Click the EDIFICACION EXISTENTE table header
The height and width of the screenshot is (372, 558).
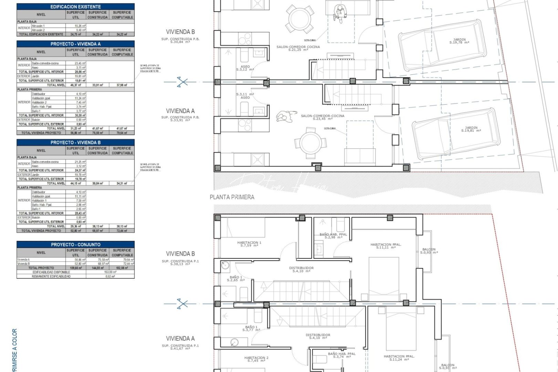click(x=75, y=7)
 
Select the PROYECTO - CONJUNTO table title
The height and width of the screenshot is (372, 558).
click(x=75, y=245)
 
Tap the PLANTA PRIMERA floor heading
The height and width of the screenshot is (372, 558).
click(x=232, y=197)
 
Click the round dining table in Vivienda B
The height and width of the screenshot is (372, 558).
click(x=299, y=18)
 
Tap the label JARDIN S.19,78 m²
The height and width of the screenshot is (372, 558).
click(x=459, y=41)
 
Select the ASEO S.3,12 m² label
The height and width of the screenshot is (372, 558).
click(x=245, y=68)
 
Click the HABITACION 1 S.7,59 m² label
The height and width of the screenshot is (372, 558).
click(x=249, y=244)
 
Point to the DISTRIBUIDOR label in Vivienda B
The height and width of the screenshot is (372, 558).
click(x=301, y=269)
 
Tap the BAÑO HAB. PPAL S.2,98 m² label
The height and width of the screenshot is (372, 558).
click(x=333, y=236)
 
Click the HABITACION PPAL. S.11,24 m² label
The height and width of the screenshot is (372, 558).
click(x=399, y=358)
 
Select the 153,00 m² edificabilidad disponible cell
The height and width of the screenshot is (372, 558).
click(x=110, y=272)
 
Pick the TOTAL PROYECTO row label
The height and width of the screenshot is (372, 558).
click(x=41, y=268)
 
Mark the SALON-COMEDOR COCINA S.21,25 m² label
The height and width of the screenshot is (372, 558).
click(x=298, y=48)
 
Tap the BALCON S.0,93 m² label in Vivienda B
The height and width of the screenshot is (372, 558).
click(x=429, y=251)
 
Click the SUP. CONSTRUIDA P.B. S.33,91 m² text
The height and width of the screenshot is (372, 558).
click(x=180, y=118)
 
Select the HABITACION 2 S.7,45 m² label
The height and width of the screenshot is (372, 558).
click(x=256, y=359)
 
